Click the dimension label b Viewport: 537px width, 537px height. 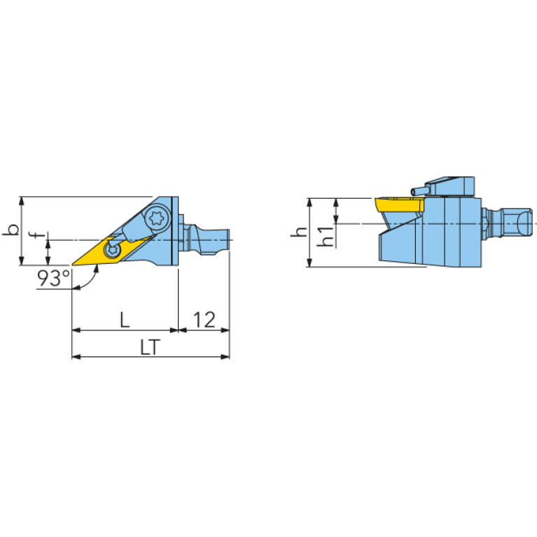[x=11, y=230]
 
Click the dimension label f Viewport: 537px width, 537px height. [x=40, y=235]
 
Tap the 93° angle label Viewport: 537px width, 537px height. [x=54, y=278]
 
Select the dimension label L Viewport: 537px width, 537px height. [x=125, y=320]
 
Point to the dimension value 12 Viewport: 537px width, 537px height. [x=204, y=320]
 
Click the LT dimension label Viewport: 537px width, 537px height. [x=151, y=347]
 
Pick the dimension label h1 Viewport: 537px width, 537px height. [x=325, y=236]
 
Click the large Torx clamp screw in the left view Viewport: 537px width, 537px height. [x=158, y=217]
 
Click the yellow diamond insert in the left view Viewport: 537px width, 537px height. [x=113, y=251]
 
